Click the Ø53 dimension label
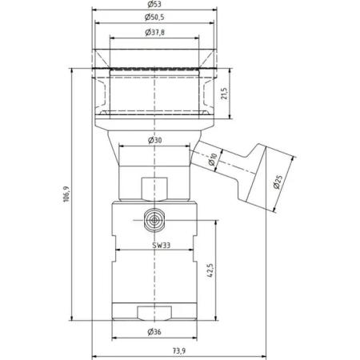[154, 4]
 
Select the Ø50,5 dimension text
[154, 18]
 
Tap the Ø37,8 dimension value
[154, 33]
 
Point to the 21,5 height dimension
[225, 94]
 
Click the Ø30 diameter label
[154, 140]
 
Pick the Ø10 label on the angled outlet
[213, 160]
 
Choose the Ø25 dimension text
[278, 182]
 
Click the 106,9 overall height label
[66, 194]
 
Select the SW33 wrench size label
[162, 246]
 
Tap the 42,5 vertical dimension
[210, 271]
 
